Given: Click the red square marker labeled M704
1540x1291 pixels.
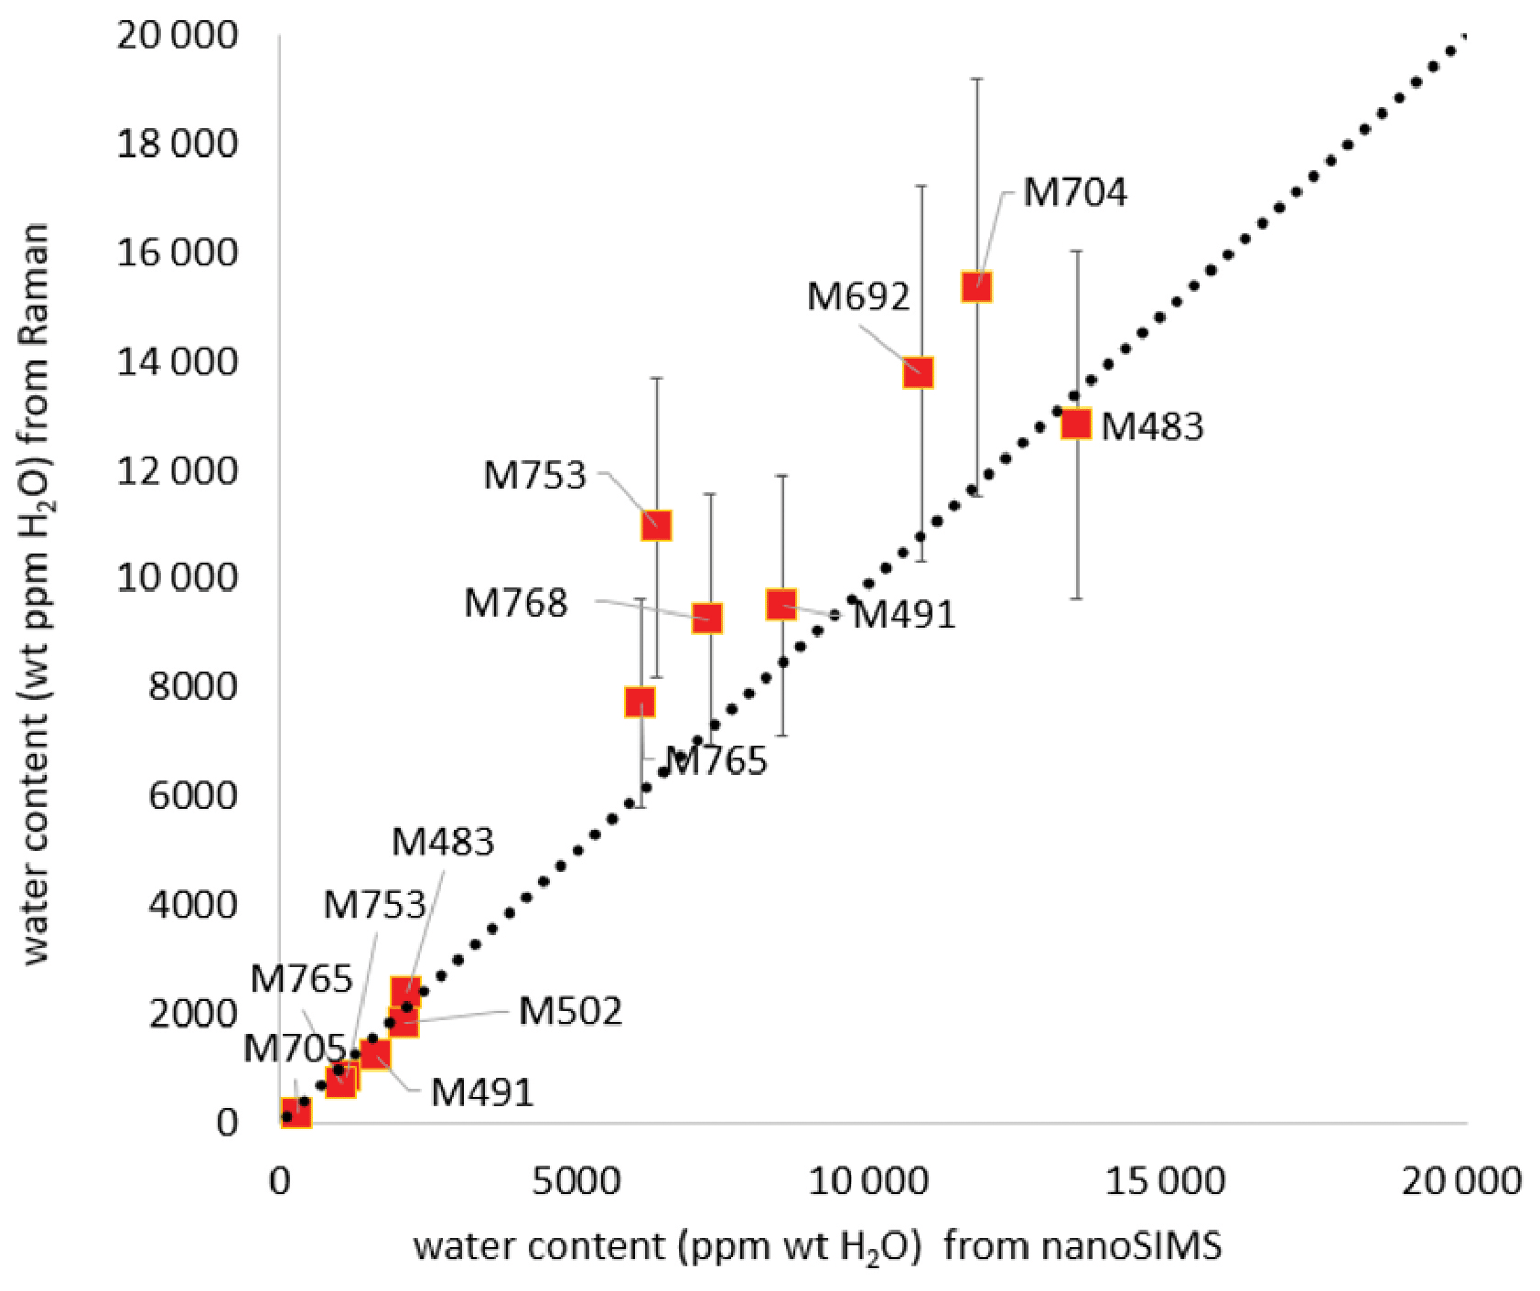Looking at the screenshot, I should point(976,287).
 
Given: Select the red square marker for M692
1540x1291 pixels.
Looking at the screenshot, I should point(918,372).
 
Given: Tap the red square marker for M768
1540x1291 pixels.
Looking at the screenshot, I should point(706,618).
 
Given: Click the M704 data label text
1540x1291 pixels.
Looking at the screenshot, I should point(1074,192).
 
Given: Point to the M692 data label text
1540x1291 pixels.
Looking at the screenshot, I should point(858,296).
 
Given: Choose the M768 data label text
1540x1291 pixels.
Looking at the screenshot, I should point(515,603).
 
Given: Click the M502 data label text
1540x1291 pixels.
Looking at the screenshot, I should point(570,1011).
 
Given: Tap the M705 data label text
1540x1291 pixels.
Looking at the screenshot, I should point(294,1049).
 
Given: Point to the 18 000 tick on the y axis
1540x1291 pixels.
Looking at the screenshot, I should point(177,144).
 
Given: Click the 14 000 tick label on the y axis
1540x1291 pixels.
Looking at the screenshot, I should point(177,362).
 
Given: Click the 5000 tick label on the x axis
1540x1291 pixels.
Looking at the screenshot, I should point(576,1181).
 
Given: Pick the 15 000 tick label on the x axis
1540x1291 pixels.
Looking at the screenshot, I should point(1164,1181).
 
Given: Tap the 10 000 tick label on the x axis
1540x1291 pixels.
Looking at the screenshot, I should point(869,1181).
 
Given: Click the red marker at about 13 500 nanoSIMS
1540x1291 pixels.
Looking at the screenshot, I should point(1076,424).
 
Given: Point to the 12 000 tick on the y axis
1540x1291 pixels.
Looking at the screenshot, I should point(177,471).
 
